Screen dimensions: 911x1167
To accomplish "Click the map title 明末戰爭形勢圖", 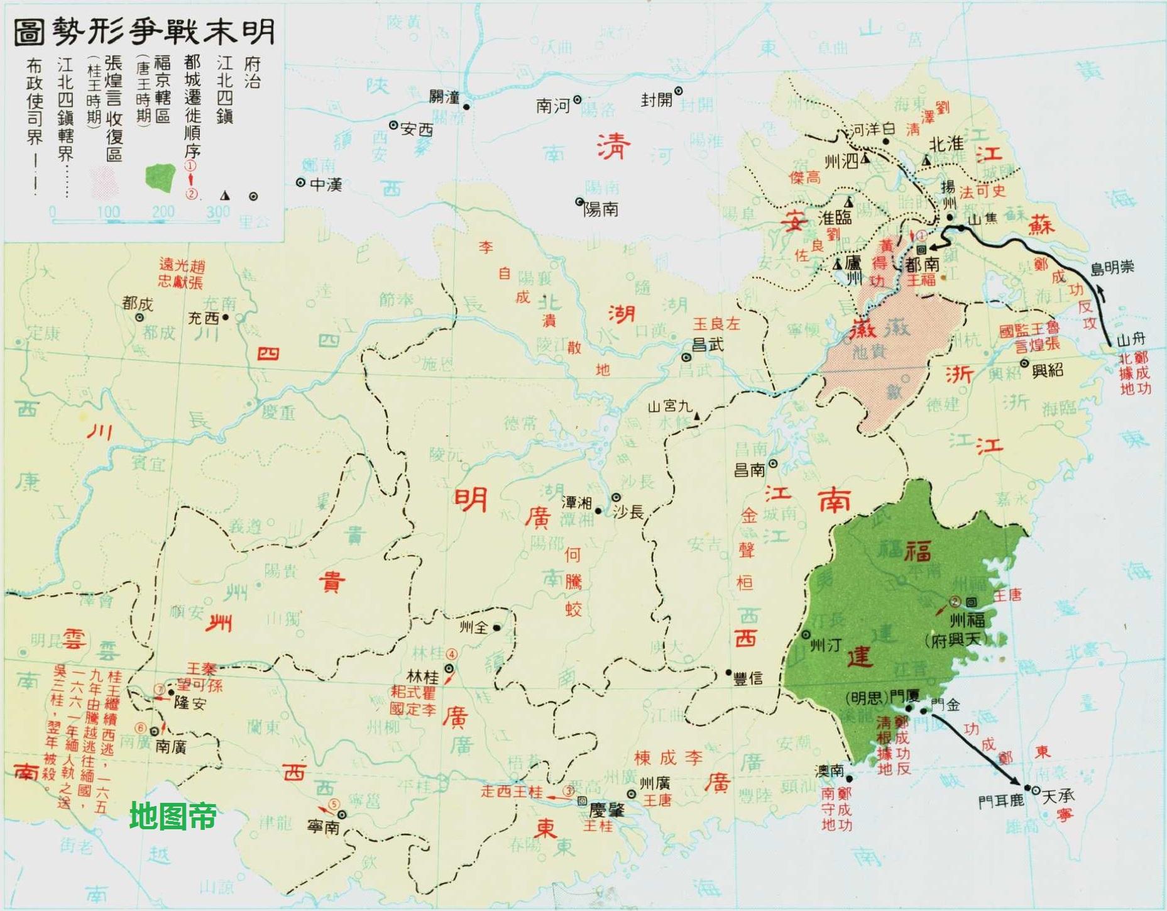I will [x=144, y=31].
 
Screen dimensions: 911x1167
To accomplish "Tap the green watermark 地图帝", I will [x=173, y=816].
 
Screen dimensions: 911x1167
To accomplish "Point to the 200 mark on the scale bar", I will [x=162, y=212].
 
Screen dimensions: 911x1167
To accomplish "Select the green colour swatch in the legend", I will [x=160, y=178].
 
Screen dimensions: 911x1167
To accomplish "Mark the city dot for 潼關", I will [x=466, y=107].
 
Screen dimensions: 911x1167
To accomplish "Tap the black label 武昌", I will [x=708, y=345].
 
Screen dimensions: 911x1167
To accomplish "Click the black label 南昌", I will [x=750, y=470].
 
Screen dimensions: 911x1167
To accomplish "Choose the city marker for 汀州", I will [x=806, y=635].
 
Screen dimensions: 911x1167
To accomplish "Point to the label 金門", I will [x=946, y=705].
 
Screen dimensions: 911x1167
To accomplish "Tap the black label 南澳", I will [x=829, y=770].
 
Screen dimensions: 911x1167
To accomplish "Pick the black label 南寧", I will [x=323, y=827].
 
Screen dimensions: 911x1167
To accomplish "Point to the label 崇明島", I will [x=1112, y=268].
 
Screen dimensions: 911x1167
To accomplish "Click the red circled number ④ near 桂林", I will [x=451, y=652].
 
